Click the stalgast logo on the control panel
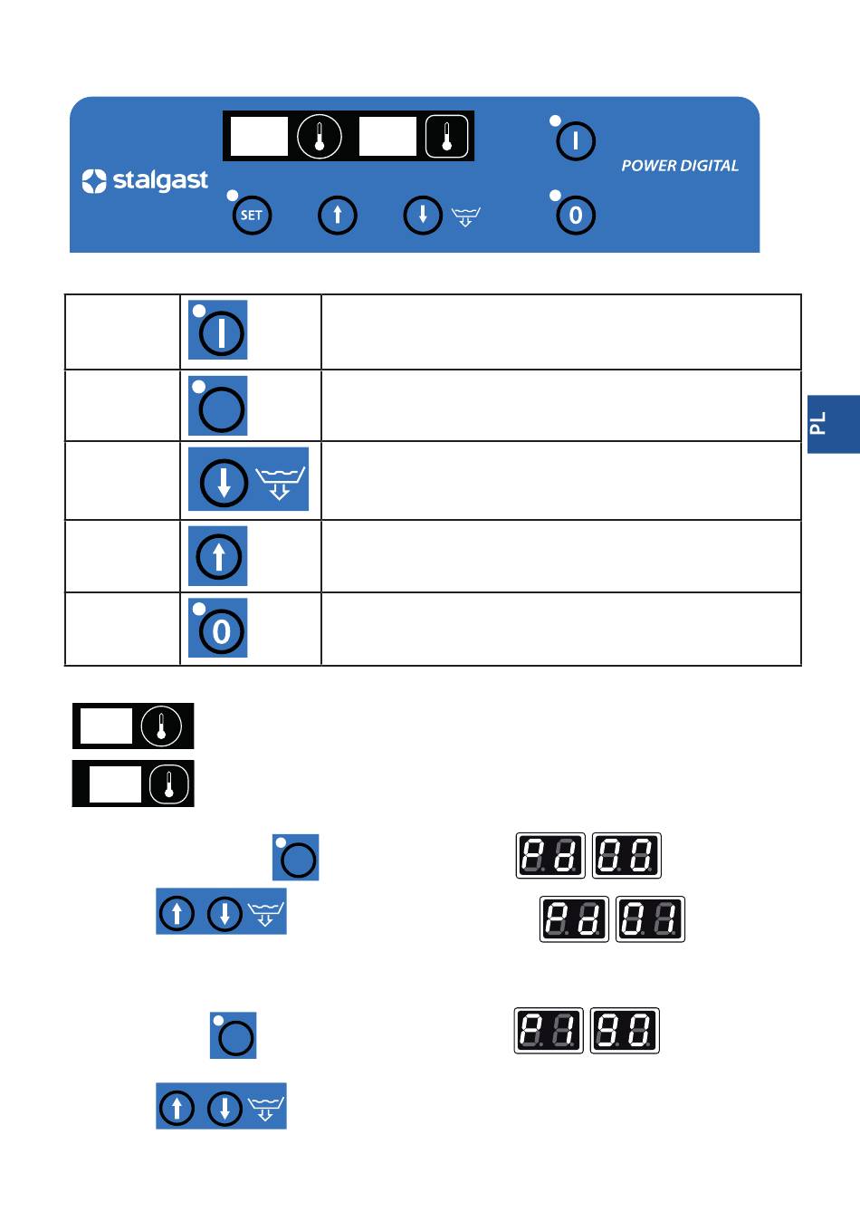(x=145, y=181)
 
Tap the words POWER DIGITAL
(x=680, y=166)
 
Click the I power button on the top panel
(x=575, y=141)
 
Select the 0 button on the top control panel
(x=575, y=216)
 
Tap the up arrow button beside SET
(x=338, y=216)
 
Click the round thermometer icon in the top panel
(x=320, y=137)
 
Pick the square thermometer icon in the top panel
(x=447, y=137)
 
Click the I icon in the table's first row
(x=220, y=332)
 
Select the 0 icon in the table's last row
(x=220, y=631)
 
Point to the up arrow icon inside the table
(x=218, y=556)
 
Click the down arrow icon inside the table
(x=224, y=482)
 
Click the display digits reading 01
(x=650, y=919)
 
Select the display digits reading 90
(x=625, y=1031)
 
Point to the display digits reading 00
(x=626, y=856)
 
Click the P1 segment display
(x=549, y=1031)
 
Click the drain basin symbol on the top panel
(x=465, y=216)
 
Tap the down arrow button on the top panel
(x=422, y=216)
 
